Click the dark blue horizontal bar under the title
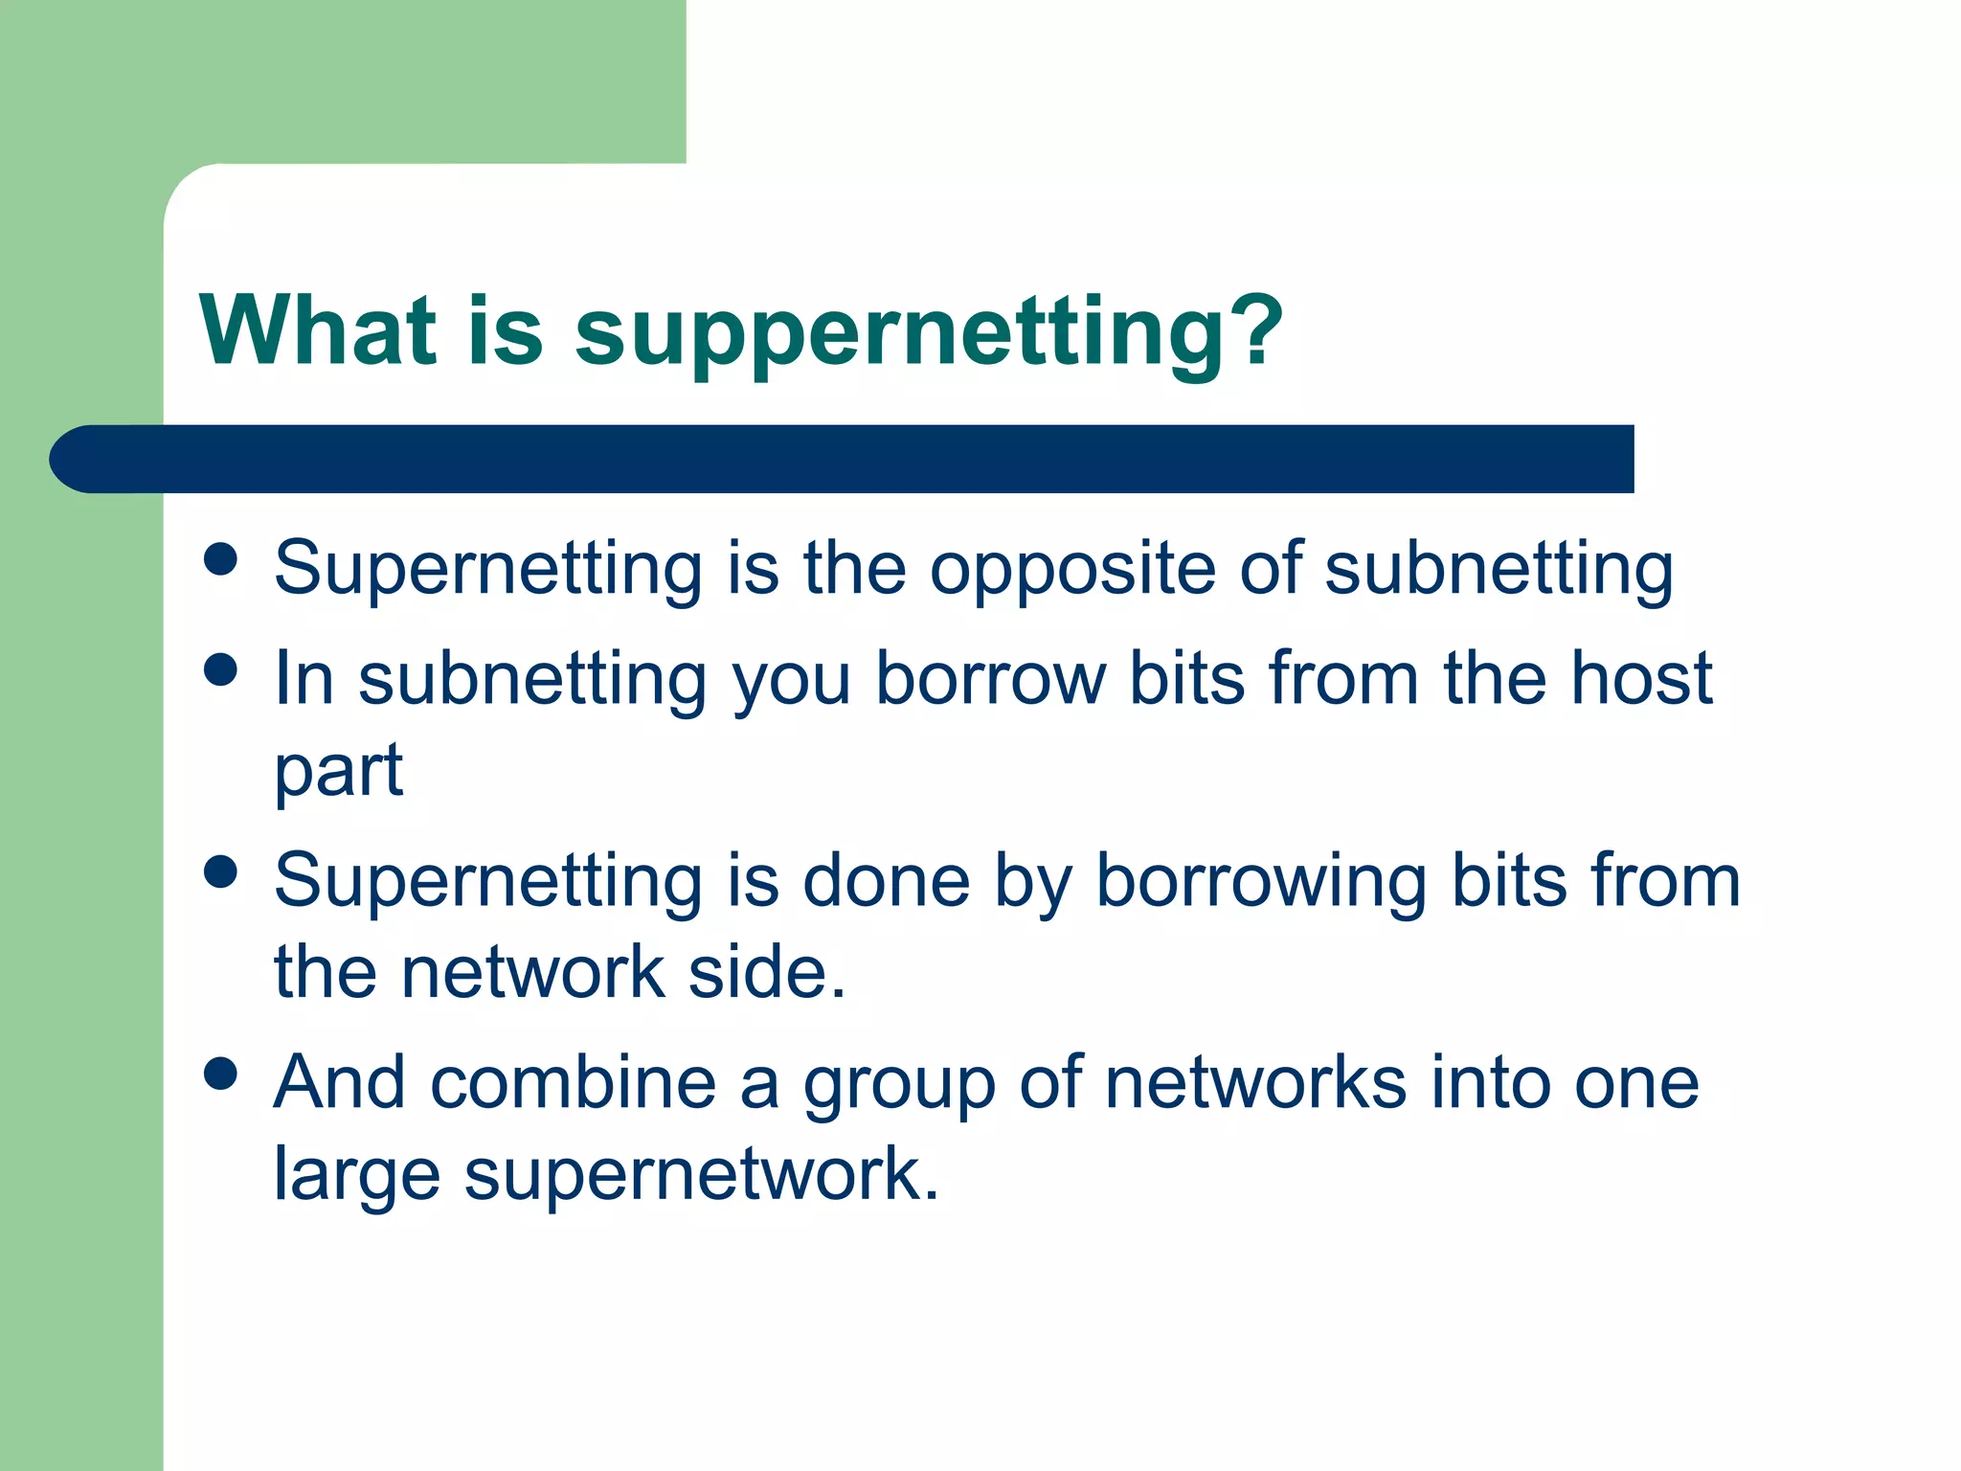click(843, 459)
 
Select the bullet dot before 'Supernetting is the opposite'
click(221, 559)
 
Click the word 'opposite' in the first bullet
click(1072, 570)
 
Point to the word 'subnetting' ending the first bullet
click(1499, 570)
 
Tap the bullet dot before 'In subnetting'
click(221, 669)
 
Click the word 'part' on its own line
click(338, 771)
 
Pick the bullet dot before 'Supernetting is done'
click(221, 871)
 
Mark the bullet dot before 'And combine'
click(221, 1074)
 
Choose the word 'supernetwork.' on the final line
click(702, 1174)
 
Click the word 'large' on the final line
click(357, 1176)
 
